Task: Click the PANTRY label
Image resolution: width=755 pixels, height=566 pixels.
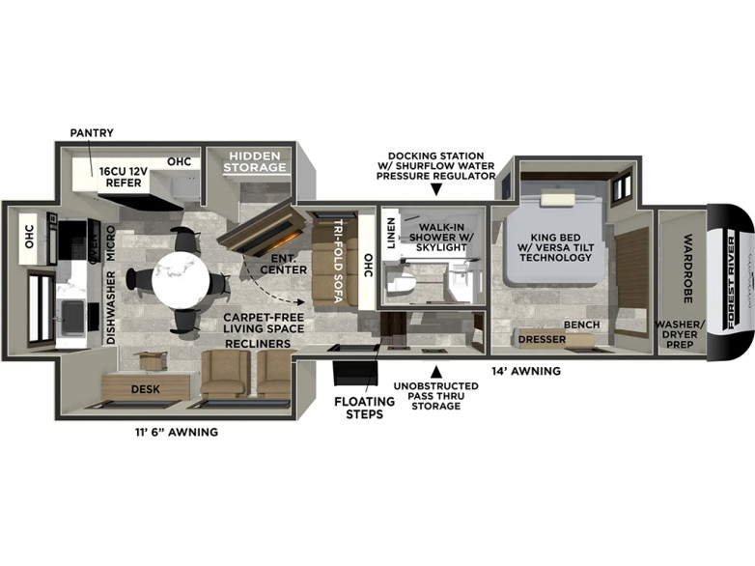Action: pyautogui.click(x=92, y=133)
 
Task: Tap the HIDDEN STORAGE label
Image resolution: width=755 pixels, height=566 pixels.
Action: pyautogui.click(x=254, y=162)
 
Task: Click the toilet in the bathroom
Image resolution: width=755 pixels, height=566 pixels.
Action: pyautogui.click(x=401, y=283)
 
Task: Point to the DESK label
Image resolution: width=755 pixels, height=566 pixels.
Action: pyautogui.click(x=146, y=389)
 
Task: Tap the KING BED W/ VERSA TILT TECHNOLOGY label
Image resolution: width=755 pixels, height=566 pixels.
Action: pyautogui.click(x=556, y=247)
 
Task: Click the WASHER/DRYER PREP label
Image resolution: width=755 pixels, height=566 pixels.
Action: pyautogui.click(x=680, y=334)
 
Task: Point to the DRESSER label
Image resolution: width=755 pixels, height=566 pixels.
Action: pyautogui.click(x=542, y=340)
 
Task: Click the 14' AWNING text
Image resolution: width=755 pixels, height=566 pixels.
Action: pyautogui.click(x=526, y=371)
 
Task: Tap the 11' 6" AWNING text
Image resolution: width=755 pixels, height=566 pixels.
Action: pyautogui.click(x=177, y=432)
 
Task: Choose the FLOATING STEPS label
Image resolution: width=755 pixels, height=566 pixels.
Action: pyautogui.click(x=365, y=408)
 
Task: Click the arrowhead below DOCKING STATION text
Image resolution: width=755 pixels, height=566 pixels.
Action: pyautogui.click(x=435, y=189)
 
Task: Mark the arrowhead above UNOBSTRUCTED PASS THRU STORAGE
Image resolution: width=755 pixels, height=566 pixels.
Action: pyautogui.click(x=435, y=372)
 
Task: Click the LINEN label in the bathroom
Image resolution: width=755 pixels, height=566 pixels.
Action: pyautogui.click(x=391, y=233)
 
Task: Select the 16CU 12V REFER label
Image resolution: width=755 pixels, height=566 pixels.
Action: pyautogui.click(x=124, y=178)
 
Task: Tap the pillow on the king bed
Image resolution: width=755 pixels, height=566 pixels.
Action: pyautogui.click(x=558, y=199)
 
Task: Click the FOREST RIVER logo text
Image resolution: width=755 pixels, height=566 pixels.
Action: pyautogui.click(x=732, y=282)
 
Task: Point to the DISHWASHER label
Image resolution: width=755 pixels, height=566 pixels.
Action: pyautogui.click(x=111, y=307)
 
